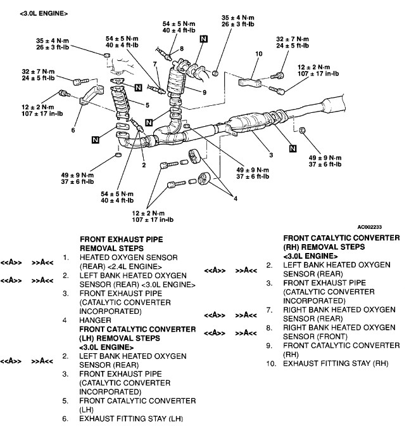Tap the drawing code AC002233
(374, 225)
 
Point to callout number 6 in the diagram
(73, 130)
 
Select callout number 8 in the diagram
(181, 49)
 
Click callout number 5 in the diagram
(147, 105)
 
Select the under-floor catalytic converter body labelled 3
(244, 124)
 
